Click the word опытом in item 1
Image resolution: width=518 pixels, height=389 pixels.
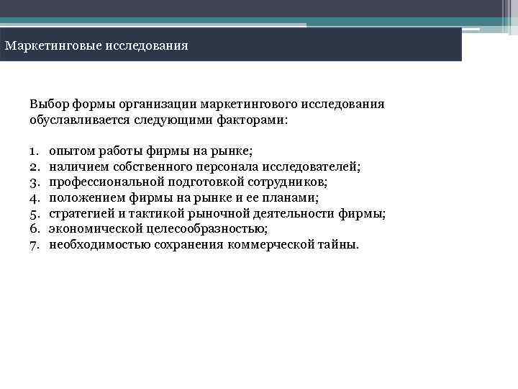point(69,151)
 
